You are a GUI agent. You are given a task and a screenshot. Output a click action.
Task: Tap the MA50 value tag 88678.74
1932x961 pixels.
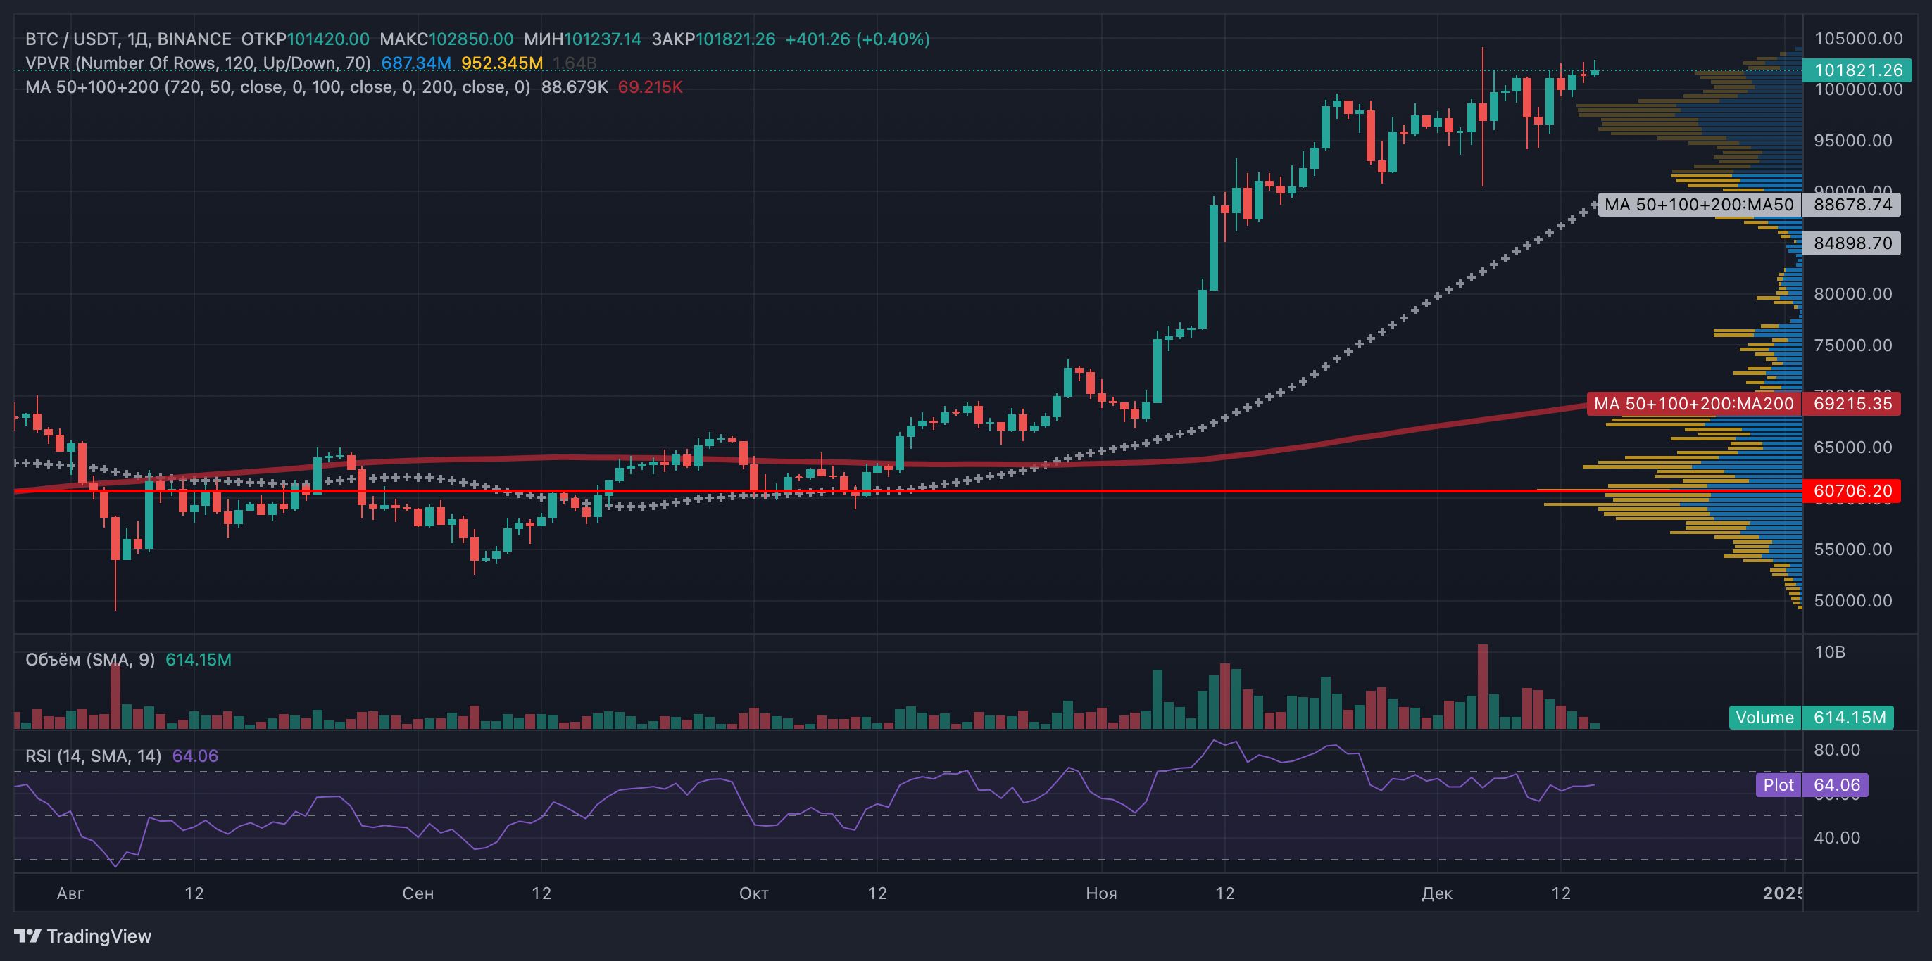tap(1852, 205)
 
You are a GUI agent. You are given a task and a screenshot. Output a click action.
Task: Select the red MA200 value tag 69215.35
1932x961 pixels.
tap(1852, 404)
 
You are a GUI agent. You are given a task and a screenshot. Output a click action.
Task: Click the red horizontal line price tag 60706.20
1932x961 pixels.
tap(1852, 491)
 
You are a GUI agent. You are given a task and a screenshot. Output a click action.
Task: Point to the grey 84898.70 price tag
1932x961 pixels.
tap(1852, 243)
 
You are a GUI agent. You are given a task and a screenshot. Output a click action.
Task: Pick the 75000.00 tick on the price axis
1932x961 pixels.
tap(1852, 345)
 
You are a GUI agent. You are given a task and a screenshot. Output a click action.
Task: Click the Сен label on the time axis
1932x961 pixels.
tap(418, 893)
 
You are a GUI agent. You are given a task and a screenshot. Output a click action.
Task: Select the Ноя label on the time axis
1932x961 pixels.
tap(1101, 893)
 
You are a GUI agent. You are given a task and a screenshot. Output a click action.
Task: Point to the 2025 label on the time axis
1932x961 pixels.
tap(1783, 893)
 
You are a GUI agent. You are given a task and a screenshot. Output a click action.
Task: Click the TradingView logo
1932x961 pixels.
tap(82, 936)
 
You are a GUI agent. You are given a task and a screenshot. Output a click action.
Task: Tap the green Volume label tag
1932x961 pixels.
tap(1764, 718)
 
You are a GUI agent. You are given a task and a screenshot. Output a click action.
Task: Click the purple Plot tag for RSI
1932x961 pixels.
tap(1779, 785)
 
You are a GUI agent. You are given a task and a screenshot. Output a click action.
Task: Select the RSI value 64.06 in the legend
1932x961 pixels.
tap(195, 756)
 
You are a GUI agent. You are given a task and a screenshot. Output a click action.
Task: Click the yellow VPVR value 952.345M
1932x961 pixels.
tap(502, 63)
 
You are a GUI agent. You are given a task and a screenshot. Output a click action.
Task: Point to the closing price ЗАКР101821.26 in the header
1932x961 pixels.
tap(713, 39)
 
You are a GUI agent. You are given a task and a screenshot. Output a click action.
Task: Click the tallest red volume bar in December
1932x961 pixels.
tap(1482, 686)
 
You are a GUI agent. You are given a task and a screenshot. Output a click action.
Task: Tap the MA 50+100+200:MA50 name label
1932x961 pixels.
tap(1699, 205)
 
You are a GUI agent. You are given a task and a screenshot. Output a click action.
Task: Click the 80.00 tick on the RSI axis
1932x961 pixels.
tap(1837, 751)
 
